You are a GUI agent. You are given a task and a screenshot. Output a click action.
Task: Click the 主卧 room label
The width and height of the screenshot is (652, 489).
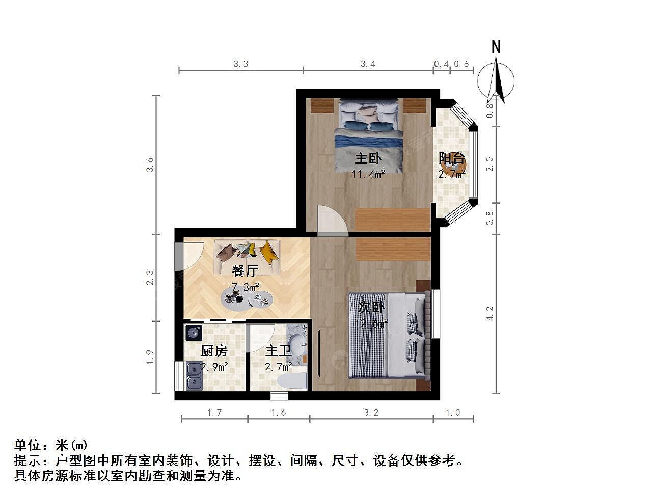tap(368, 158)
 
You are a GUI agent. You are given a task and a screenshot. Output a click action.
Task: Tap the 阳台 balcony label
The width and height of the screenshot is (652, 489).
tap(451, 158)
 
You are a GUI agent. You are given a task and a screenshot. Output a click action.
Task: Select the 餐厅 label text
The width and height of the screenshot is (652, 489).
tap(245, 270)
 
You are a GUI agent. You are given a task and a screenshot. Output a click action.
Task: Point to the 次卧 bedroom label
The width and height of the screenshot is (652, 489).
tap(371, 307)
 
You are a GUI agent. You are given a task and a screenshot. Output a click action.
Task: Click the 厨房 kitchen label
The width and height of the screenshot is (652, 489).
tap(214, 350)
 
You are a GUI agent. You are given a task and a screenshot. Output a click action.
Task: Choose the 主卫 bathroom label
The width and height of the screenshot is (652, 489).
tap(278, 350)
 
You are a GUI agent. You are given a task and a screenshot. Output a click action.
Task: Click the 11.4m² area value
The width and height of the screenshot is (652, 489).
tap(368, 174)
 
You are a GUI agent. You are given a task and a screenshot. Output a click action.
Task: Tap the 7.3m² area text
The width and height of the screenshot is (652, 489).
tap(246, 287)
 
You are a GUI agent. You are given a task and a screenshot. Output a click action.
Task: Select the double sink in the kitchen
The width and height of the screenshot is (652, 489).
tap(194, 376)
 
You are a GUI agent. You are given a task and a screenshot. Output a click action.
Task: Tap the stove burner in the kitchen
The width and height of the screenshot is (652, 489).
tap(194, 333)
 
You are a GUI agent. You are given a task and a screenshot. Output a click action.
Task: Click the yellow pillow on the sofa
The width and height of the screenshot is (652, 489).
tap(269, 252)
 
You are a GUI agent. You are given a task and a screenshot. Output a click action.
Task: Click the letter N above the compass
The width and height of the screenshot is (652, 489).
tap(496, 47)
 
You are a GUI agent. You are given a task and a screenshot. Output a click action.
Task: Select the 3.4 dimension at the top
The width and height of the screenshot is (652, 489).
tap(368, 64)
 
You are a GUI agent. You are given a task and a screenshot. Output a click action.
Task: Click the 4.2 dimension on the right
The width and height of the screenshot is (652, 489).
tap(490, 314)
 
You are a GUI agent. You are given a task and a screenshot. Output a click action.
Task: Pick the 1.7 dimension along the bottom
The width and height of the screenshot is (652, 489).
tap(214, 413)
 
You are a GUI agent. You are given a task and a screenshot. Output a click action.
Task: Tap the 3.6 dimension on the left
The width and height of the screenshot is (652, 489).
tap(150, 165)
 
